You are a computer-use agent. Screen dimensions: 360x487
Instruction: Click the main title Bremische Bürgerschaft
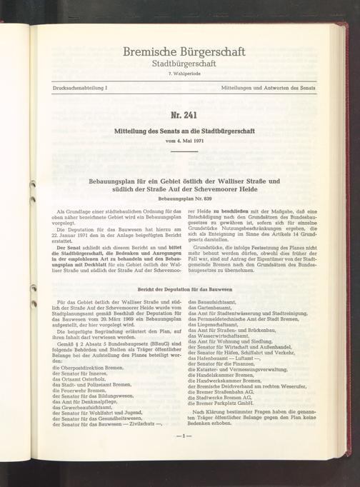[184, 51]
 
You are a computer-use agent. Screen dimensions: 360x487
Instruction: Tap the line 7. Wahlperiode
[184, 74]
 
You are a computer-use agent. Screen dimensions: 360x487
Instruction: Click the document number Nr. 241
[184, 116]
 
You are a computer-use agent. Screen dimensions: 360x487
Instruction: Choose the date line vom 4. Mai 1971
[184, 140]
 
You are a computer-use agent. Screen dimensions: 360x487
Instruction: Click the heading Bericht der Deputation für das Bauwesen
[184, 289]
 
